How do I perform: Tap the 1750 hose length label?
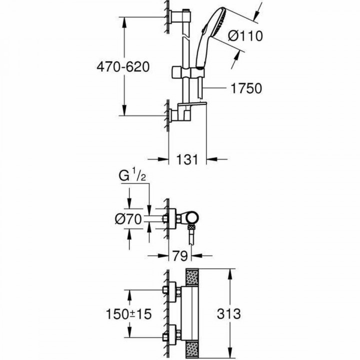[246, 88]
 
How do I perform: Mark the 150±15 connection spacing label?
[129, 314]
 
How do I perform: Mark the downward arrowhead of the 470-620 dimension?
[124, 112]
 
